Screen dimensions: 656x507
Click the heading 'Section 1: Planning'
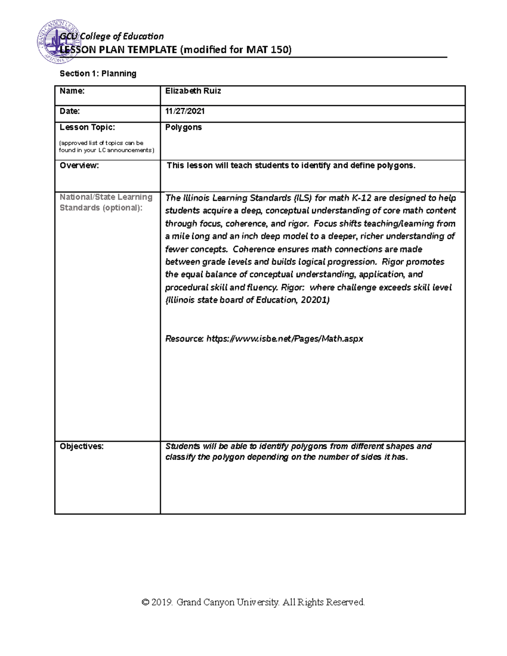(98, 73)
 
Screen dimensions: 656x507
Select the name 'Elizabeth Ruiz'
(193, 91)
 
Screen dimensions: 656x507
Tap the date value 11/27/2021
(185, 111)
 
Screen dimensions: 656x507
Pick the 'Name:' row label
(72, 91)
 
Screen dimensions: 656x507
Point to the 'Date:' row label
(70, 111)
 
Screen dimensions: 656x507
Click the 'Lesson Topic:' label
(87, 127)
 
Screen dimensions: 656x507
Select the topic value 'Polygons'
(183, 127)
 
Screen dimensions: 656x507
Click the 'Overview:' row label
(79, 166)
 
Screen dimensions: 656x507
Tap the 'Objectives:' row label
(82, 446)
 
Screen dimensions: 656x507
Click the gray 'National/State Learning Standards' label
(106, 202)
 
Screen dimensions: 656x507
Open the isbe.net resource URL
(284, 339)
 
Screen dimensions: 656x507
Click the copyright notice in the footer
(253, 602)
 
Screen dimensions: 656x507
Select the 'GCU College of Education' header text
(112, 36)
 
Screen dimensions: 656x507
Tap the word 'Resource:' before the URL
(184, 339)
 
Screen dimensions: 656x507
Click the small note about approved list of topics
(107, 147)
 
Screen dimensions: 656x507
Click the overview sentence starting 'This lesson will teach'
(291, 166)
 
